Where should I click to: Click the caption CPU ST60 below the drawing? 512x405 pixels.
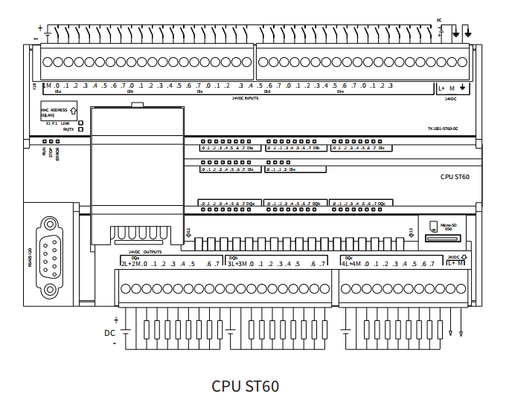[246, 386]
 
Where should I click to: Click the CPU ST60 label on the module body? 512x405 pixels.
[455, 177]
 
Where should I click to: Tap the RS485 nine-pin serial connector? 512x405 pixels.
[50, 256]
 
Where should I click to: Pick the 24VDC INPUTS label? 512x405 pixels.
[245, 97]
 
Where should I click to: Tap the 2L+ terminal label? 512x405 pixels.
[127, 264]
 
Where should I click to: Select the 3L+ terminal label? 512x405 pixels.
[232, 264]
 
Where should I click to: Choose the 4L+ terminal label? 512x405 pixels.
[346, 264]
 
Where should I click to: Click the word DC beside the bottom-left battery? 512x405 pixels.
[109, 333]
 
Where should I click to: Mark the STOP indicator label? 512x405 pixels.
[51, 152]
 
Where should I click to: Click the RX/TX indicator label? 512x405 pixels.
[68, 129]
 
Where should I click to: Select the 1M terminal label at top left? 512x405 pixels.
[47, 85]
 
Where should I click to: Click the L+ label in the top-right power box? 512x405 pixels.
[441, 88]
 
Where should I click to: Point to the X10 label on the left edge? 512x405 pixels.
[34, 86]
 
